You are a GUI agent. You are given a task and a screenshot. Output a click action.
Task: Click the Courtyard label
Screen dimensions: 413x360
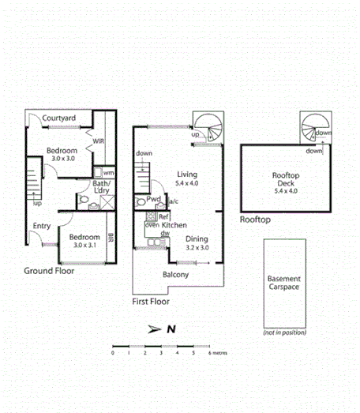[59, 118]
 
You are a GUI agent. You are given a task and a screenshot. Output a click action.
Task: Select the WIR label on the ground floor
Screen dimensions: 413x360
[99, 142]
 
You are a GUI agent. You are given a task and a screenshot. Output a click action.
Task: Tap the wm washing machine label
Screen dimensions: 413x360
[108, 172]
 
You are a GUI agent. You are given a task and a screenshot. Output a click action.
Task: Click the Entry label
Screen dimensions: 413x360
[42, 227]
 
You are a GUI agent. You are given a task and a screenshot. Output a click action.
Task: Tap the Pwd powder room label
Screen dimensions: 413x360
[155, 200]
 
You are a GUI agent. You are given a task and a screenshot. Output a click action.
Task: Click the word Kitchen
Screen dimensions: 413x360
[174, 225]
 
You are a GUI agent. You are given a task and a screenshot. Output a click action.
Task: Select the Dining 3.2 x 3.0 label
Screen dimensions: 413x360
[197, 242]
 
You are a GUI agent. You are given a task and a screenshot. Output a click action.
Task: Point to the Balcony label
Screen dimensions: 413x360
[175, 275]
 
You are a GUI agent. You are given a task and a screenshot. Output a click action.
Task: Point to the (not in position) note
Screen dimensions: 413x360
[284, 333]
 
